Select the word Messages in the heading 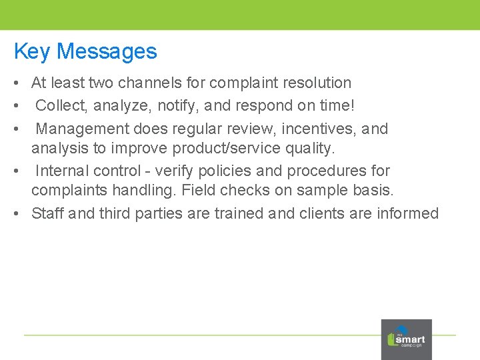pyautogui.click(x=107, y=51)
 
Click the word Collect pyautogui.click(x=62, y=105)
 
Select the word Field pyautogui.click(x=199, y=191)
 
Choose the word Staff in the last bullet pyautogui.click(x=47, y=213)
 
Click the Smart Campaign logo pyautogui.click(x=406, y=339)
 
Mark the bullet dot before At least pyautogui.click(x=14, y=83)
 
